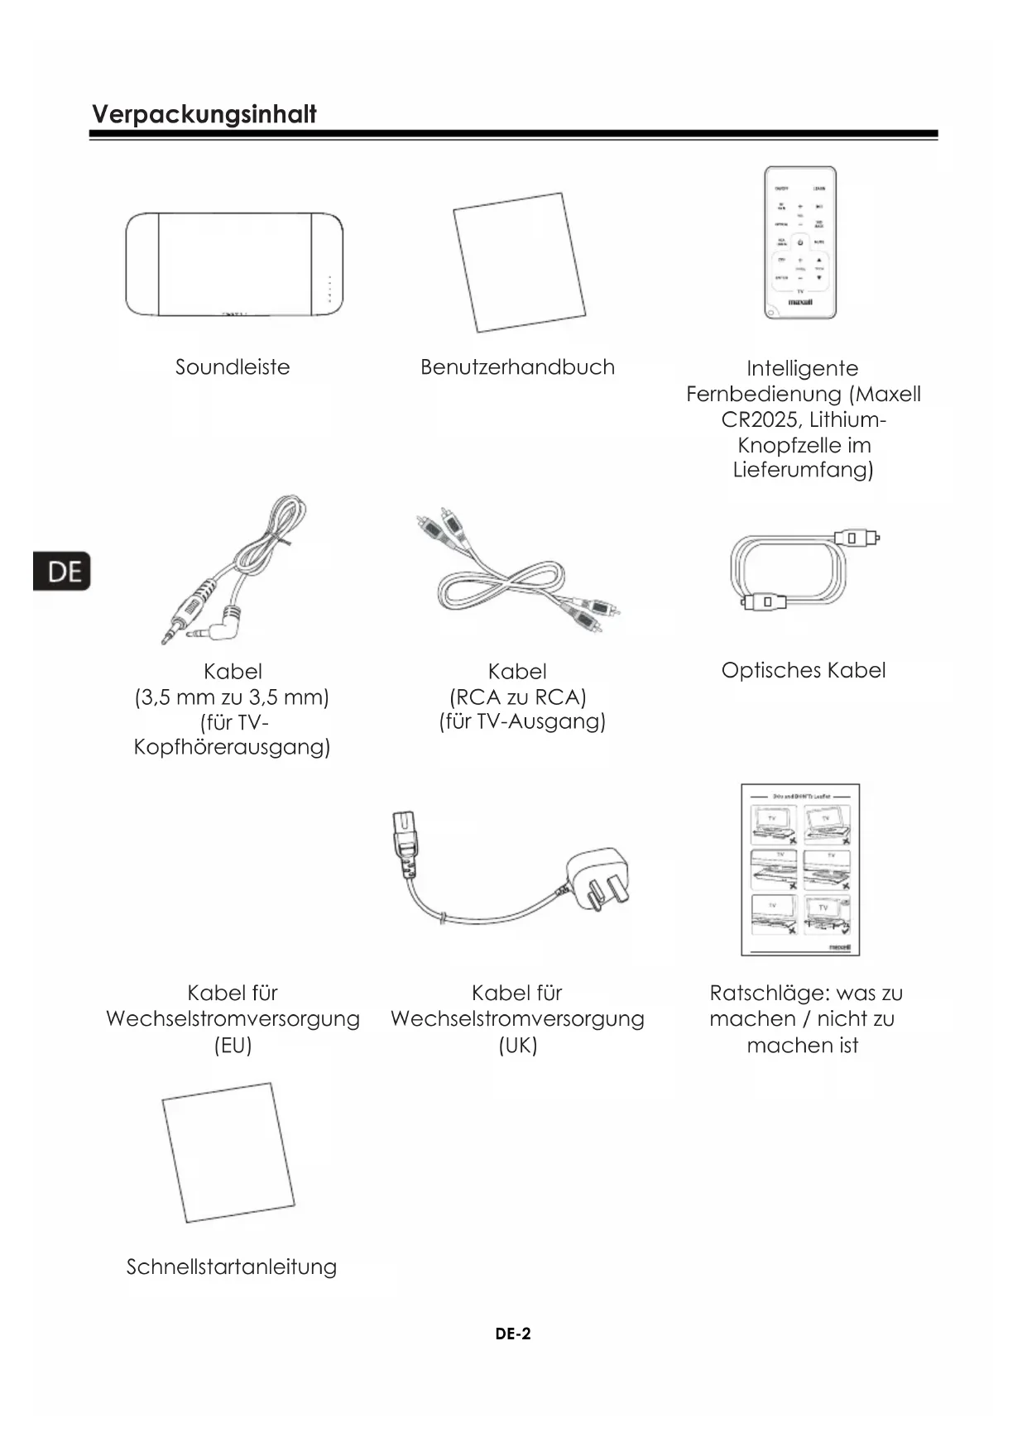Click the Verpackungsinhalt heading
click(204, 114)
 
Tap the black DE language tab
click(62, 572)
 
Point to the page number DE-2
click(513, 1334)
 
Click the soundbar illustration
click(233, 264)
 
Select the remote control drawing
click(799, 242)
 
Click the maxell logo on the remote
click(799, 303)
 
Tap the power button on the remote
click(800, 243)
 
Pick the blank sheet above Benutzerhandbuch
click(519, 262)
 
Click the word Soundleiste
click(233, 367)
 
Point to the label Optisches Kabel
click(803, 670)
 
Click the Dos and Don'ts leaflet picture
click(800, 869)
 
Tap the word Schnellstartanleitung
click(232, 1267)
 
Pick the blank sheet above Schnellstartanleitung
click(228, 1152)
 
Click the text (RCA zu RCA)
click(518, 697)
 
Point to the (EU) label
click(233, 1045)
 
